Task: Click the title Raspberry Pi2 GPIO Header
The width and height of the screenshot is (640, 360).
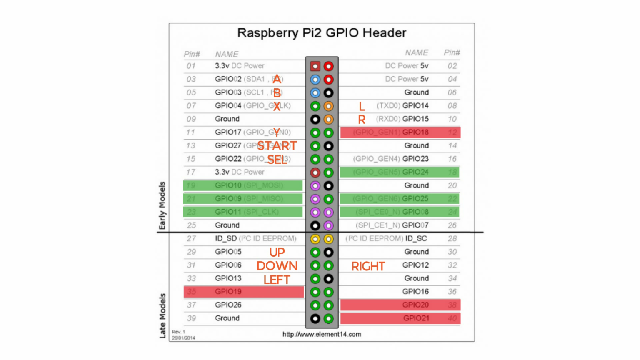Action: pos(321,33)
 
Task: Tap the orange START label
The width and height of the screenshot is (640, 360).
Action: pos(277,146)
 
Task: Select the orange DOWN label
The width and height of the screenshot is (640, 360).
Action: pos(277,266)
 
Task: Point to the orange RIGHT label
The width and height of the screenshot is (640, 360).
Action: pos(368,266)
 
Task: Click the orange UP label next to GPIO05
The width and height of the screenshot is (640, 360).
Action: pos(277,252)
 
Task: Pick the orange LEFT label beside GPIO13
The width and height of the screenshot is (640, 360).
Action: pos(277,280)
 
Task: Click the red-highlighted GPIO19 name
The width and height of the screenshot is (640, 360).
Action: pos(228,292)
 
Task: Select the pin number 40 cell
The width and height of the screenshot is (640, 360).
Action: pos(452,318)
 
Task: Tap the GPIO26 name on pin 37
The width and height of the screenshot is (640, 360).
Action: pos(228,305)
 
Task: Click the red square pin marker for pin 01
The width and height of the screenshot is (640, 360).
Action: pos(315,66)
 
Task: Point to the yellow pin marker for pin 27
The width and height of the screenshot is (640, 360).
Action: pos(315,239)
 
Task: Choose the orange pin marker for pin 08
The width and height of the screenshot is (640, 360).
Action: pos(329,106)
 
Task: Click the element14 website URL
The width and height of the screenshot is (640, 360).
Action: pos(322,334)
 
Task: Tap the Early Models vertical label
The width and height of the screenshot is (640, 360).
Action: pos(162,205)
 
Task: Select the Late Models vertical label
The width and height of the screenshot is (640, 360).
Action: pos(162,315)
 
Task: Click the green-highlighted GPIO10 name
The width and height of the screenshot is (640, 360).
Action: pos(228,185)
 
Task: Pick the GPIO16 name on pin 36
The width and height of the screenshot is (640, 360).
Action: pos(415,292)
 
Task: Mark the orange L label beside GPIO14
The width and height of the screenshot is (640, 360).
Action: pos(362,107)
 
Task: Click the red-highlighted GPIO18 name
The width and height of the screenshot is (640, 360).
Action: pos(415,132)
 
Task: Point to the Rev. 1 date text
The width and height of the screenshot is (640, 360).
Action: pos(183,335)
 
